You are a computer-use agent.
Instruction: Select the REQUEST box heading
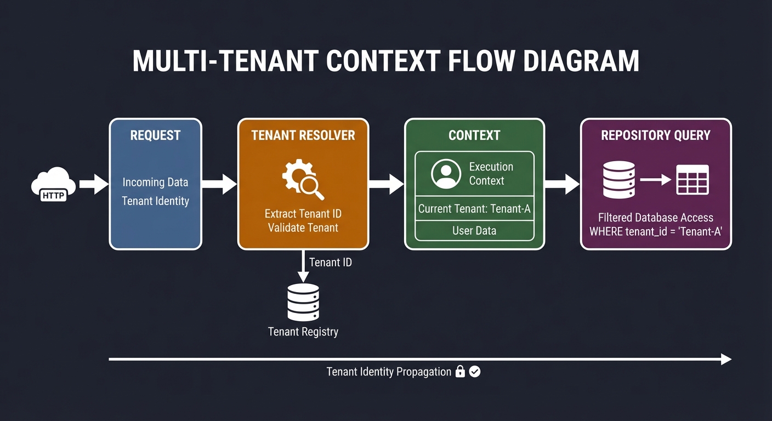pos(155,135)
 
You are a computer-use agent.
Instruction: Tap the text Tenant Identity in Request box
pos(155,201)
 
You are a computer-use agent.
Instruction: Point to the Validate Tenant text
pos(303,227)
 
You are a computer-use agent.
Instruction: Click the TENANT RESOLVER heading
pos(303,135)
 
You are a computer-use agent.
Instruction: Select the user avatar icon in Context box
pos(446,174)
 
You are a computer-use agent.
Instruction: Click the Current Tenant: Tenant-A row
pos(474,209)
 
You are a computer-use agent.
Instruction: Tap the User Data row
pos(474,231)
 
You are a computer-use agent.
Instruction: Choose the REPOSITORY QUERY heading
pos(656,135)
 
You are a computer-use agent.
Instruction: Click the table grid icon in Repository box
pos(692,179)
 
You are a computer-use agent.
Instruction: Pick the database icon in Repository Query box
pos(619,179)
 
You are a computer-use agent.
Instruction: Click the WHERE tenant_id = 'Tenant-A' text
pos(656,231)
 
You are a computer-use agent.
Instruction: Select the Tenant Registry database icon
pos(303,302)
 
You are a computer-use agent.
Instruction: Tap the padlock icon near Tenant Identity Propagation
pos(460,372)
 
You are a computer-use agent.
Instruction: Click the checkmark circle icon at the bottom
pos(475,372)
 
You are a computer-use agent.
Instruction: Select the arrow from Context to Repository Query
pos(562,185)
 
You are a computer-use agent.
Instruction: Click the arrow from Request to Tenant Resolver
pos(219,184)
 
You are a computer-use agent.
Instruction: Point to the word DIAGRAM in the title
pos(581,61)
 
